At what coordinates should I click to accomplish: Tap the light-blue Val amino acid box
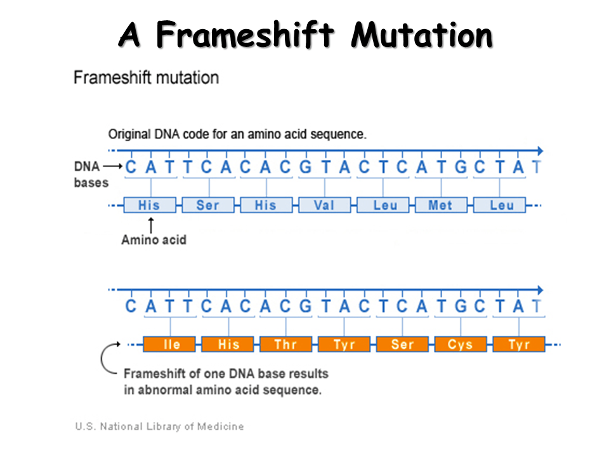click(x=324, y=205)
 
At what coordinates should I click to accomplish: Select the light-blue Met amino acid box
click(x=441, y=205)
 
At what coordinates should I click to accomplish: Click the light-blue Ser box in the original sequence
click(x=207, y=205)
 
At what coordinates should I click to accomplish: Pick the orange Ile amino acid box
click(x=171, y=345)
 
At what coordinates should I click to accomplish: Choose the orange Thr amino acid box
click(x=285, y=345)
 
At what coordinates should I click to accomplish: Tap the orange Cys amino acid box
click(x=461, y=345)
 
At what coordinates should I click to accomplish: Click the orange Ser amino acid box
click(x=402, y=345)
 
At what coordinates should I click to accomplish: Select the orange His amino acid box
click(x=228, y=345)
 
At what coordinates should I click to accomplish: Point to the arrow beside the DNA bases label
click(x=112, y=167)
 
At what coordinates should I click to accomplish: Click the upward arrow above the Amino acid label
click(x=151, y=224)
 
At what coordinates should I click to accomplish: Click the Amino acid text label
click(x=154, y=240)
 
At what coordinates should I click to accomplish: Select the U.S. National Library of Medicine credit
click(x=159, y=427)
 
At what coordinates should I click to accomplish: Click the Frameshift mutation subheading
click(x=147, y=78)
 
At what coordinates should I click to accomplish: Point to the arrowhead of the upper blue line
click(x=539, y=151)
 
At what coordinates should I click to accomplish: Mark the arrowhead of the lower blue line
click(x=539, y=289)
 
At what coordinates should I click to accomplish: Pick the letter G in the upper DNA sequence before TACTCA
click(x=305, y=168)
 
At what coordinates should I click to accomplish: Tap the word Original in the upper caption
click(x=129, y=135)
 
